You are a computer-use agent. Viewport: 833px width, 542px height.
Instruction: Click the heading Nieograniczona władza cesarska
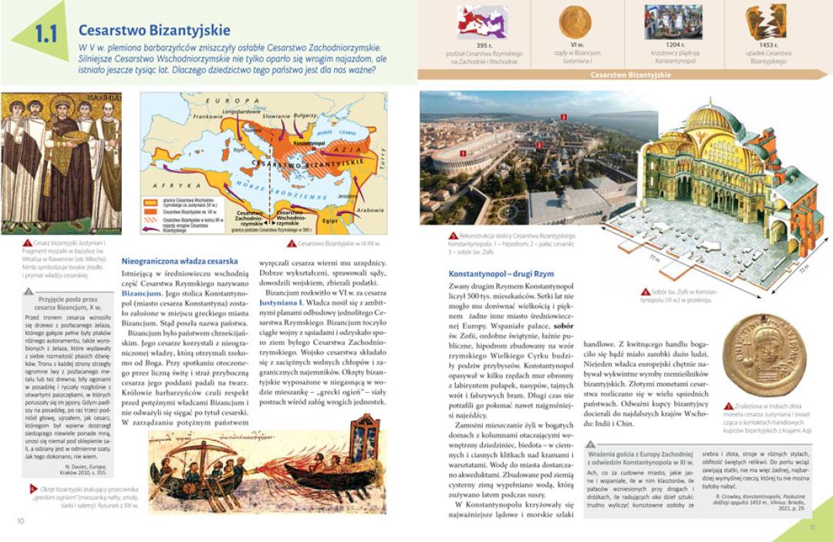coord(180,261)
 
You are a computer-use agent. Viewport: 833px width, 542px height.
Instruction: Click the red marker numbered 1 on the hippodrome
coord(462,154)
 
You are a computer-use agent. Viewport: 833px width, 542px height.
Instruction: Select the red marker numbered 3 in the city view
coord(564,117)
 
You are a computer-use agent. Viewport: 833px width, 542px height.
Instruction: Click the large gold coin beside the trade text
coord(764,354)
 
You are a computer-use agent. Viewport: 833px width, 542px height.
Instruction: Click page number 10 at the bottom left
coord(21,520)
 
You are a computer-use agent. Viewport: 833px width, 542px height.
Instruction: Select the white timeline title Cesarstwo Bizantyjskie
coord(624,75)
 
